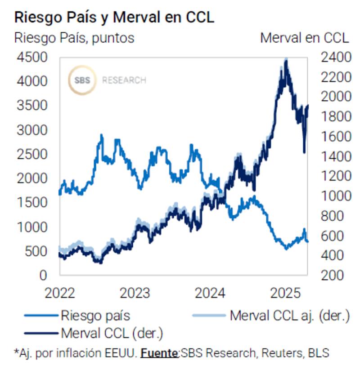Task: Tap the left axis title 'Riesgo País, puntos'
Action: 74,37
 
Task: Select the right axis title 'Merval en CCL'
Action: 304,37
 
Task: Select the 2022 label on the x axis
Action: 60,293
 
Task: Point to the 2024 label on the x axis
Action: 210,293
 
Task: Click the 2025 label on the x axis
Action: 285,293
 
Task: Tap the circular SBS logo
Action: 82,80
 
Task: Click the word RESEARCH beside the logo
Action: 124,80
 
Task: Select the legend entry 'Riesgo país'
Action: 95,315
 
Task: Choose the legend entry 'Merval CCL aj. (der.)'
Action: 289,315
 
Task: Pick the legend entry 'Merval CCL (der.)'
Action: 111,333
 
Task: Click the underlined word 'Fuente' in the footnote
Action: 159,353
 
